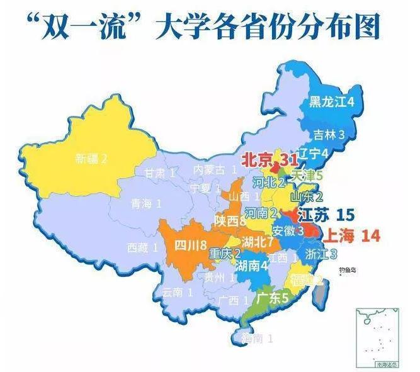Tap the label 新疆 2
91,158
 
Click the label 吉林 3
329,134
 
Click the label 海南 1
250,339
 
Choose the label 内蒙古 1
215,169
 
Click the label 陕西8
229,221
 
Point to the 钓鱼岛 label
348,270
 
